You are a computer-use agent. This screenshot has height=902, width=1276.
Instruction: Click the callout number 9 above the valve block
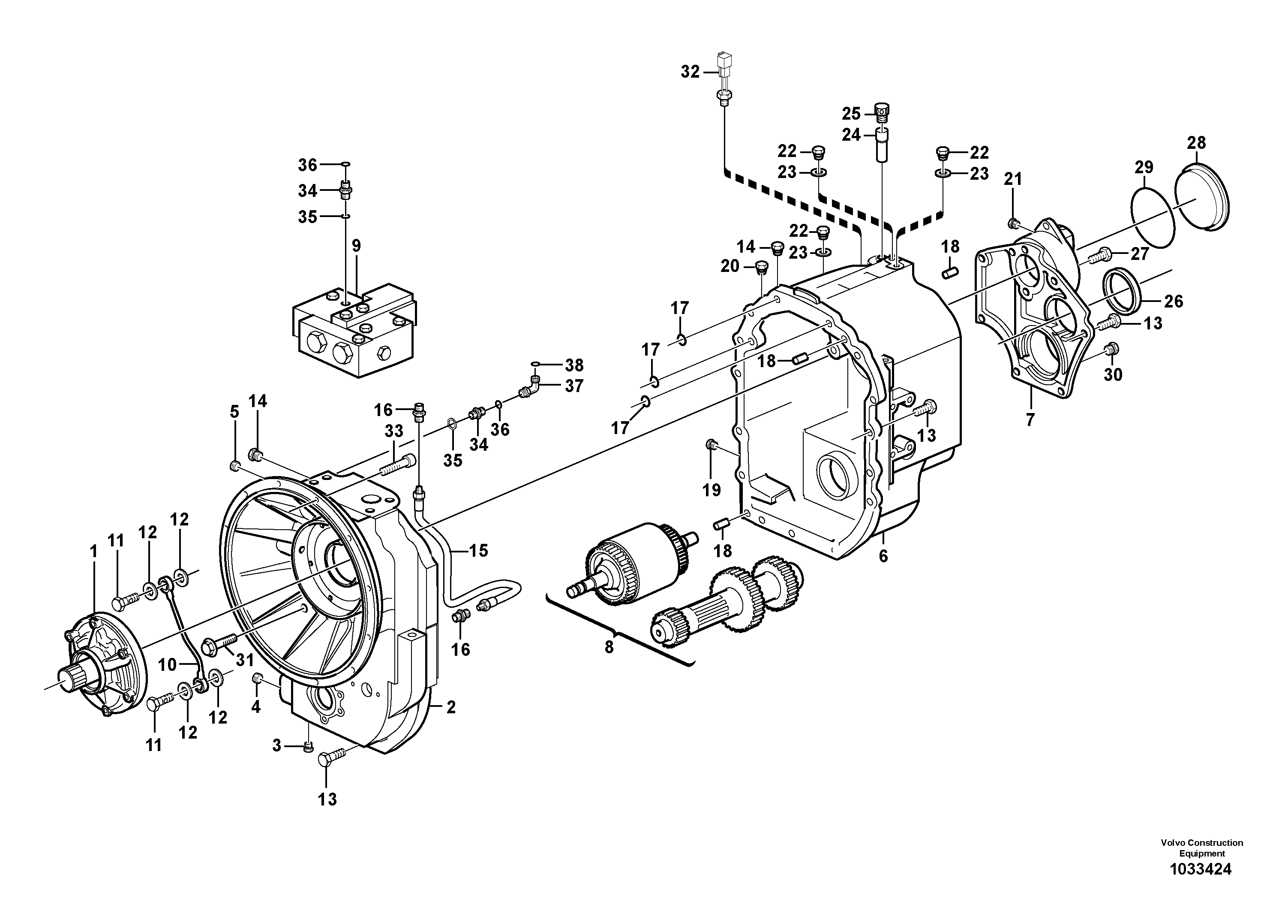pyautogui.click(x=356, y=246)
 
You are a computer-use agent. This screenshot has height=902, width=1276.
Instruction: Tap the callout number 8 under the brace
pyautogui.click(x=609, y=647)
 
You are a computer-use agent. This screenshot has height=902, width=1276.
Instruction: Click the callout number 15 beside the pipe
pyautogui.click(x=478, y=551)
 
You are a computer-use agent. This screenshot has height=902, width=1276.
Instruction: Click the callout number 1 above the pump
pyautogui.click(x=93, y=552)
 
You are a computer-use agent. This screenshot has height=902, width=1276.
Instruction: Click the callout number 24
pyautogui.click(x=851, y=135)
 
